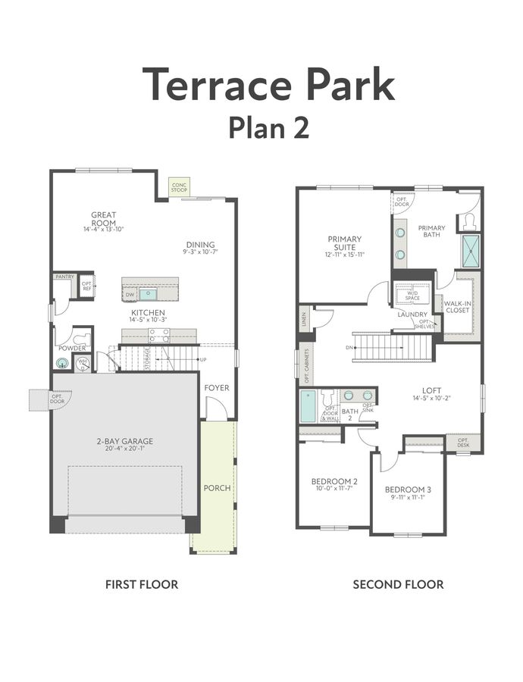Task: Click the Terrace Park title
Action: [269, 83]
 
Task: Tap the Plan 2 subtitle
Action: [268, 127]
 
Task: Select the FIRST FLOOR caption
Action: [141, 584]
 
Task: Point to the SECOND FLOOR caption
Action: [398, 584]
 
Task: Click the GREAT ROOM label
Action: [103, 219]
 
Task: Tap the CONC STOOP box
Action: [179, 186]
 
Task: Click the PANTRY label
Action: [64, 277]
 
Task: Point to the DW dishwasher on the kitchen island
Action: [130, 294]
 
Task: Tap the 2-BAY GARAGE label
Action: [125, 441]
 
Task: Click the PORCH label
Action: [217, 487]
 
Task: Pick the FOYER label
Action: [217, 388]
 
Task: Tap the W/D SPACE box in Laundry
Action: [412, 294]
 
